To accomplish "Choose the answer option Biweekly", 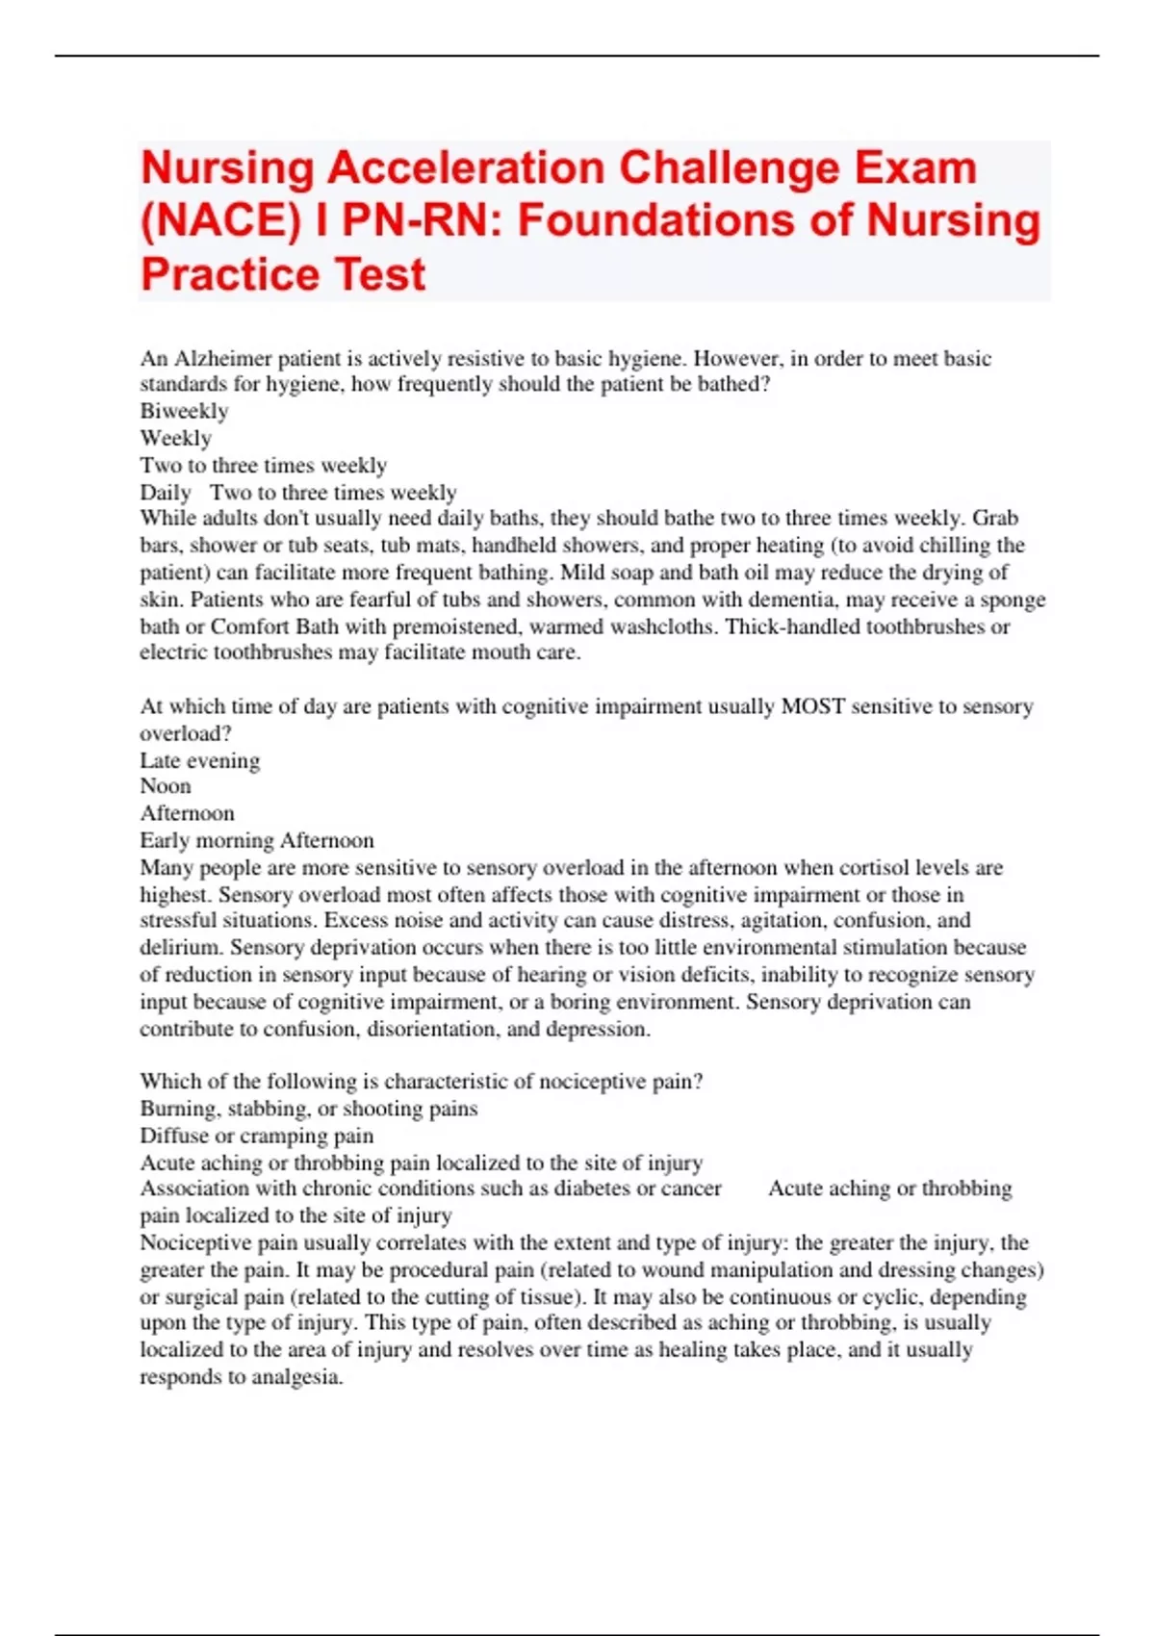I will [184, 411].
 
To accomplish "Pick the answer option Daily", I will [166, 493].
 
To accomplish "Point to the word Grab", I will [995, 519].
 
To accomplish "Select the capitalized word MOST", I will [812, 706].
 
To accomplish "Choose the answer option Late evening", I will [199, 760].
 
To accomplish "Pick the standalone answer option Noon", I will [166, 786].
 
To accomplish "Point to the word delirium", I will [181, 948].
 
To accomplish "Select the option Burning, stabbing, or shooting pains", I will [308, 1109].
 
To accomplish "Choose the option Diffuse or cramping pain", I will [256, 1136].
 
